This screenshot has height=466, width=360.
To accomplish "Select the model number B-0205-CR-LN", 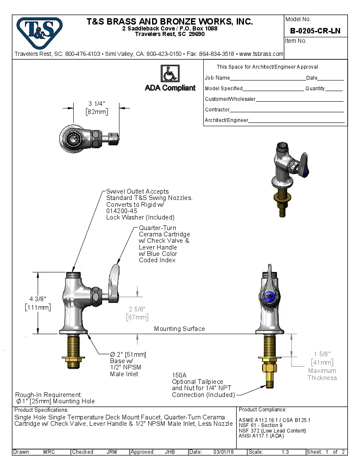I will (315, 31).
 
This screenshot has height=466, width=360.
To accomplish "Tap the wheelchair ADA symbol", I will (170, 74).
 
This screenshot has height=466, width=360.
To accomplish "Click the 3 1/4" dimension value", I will (97, 104).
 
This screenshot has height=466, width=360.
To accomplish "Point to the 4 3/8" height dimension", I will (38, 299).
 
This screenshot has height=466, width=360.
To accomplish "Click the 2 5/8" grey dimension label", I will (137, 309).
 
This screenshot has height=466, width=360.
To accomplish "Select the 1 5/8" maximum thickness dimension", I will (322, 354).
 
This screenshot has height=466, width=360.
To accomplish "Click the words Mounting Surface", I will (179, 329).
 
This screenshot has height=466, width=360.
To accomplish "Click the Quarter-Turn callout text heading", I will (158, 228).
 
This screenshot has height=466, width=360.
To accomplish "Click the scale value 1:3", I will (285, 452).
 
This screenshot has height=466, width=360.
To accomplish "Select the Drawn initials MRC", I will (49, 452).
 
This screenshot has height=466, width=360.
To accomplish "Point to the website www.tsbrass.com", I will (261, 54).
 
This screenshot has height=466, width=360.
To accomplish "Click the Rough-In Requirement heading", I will (48, 394).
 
